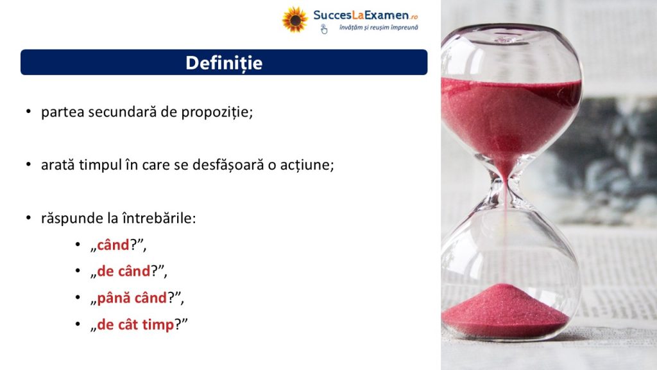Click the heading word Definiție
224,63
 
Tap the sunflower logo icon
294,19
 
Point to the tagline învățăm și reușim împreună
379,28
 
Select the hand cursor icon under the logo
324,29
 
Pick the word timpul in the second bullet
100,165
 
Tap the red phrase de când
124,272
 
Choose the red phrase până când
132,298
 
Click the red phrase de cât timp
135,324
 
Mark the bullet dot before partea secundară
28,112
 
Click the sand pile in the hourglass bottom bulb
505,310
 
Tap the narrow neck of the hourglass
506,184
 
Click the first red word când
113,245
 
